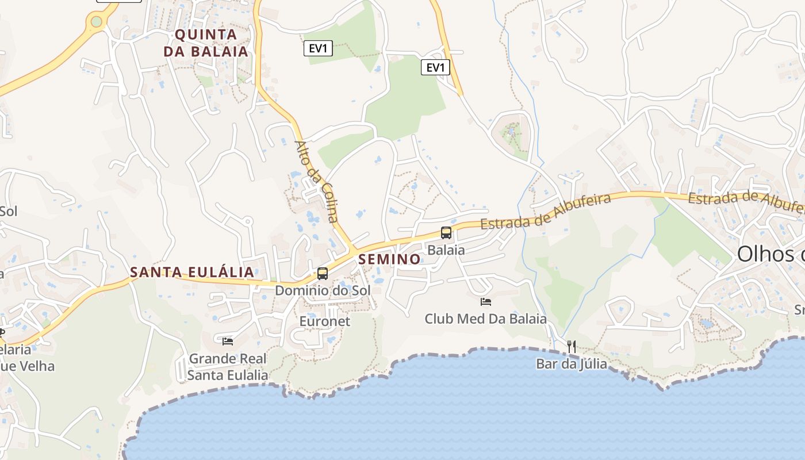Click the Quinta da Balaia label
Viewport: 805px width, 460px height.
tap(206, 43)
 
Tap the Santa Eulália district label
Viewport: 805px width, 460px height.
tap(192, 272)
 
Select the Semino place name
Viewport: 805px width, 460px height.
tap(390, 259)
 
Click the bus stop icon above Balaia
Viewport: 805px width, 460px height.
tap(446, 233)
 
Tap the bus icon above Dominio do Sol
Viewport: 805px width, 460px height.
tap(323, 274)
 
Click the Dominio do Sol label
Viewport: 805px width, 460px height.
tap(323, 290)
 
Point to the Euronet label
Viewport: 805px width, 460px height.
tap(325, 321)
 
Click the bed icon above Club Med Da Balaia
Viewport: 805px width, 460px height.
tap(486, 301)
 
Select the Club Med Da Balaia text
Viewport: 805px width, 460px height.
tap(486, 318)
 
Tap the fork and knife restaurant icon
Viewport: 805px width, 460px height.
tap(572, 346)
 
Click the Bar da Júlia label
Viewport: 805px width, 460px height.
tap(572, 363)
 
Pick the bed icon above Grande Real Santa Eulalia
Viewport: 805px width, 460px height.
tap(228, 341)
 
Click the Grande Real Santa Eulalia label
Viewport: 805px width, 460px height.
tap(228, 367)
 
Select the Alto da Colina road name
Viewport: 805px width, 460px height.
tap(316, 181)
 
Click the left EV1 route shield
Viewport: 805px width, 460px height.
tap(318, 48)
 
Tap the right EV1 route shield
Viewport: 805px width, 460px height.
tap(435, 67)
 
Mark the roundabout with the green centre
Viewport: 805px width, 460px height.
tap(96, 22)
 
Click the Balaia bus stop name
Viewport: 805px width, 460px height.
tap(446, 250)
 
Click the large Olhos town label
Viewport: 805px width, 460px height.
tap(770, 254)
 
